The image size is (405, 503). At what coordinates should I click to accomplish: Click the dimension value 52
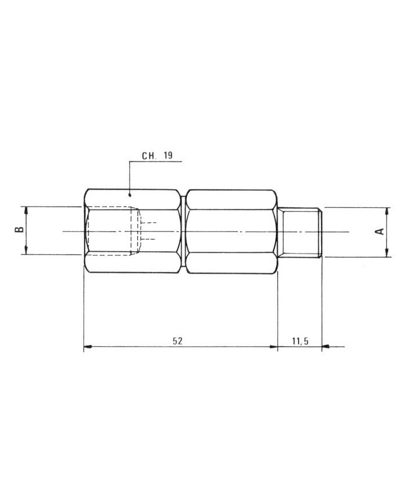coord(177,341)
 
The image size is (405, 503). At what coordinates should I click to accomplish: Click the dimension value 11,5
coord(300,341)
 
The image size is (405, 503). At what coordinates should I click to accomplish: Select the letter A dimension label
coord(380,232)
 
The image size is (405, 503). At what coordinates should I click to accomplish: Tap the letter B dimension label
coord(19,230)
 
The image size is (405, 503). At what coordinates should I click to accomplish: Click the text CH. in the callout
coord(149,156)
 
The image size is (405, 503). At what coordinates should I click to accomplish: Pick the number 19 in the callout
coord(168,156)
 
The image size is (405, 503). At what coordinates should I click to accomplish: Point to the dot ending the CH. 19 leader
coord(130,194)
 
